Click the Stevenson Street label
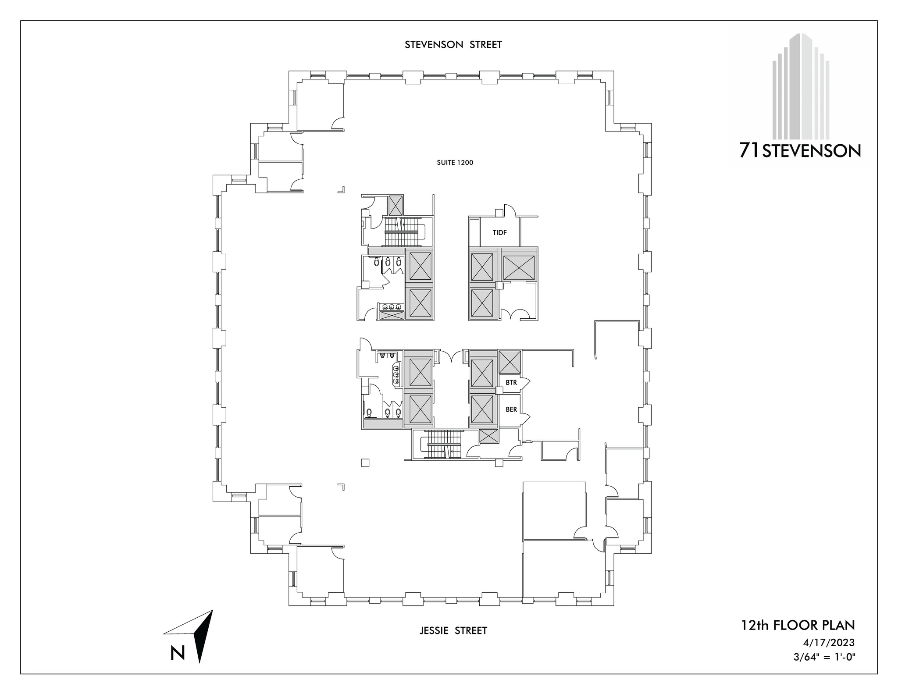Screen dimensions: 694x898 [x=453, y=45]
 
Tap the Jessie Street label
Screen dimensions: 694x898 [x=453, y=630]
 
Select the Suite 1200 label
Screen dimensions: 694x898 [x=455, y=163]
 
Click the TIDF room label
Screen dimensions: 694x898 [x=499, y=233]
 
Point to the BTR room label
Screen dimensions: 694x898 [x=511, y=383]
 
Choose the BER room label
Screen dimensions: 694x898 [x=511, y=409]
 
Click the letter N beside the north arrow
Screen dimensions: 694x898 [x=178, y=653]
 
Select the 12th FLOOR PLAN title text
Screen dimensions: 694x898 [x=798, y=625]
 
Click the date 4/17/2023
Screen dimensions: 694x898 [x=829, y=643]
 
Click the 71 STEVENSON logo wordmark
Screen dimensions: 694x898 [x=800, y=151]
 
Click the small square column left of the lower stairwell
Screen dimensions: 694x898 [x=365, y=463]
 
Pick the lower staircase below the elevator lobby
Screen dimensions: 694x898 [x=444, y=445]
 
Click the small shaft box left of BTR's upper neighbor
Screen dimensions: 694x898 [x=510, y=362]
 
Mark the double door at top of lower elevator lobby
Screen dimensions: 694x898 [x=451, y=356]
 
